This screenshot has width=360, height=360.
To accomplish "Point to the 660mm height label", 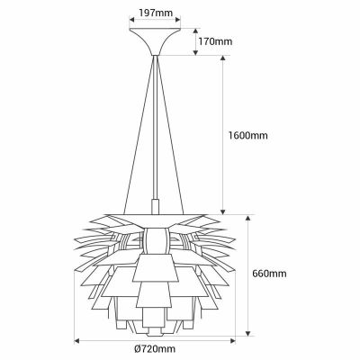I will [x=269, y=274].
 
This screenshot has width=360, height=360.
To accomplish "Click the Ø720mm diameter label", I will [x=156, y=349].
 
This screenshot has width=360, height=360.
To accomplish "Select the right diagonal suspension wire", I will [x=184, y=135].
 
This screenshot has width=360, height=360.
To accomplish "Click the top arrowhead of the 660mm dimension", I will [x=247, y=218].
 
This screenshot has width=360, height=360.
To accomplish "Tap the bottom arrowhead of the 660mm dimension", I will [x=247, y=332].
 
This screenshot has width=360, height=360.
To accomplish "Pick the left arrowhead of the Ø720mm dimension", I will [x=77, y=339].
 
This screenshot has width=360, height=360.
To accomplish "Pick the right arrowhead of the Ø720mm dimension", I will [x=234, y=339].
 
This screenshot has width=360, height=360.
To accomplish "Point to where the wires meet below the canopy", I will [x=155, y=56].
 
